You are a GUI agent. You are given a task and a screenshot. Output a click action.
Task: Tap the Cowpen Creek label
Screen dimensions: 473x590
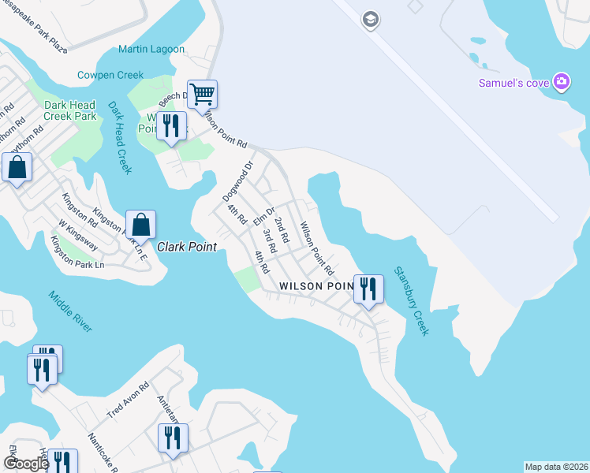pyautogui.click(x=110, y=75)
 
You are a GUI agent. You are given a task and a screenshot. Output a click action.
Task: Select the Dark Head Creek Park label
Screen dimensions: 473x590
pyautogui.click(x=70, y=110)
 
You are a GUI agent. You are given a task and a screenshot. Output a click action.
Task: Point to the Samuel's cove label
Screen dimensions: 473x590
pyautogui.click(x=514, y=83)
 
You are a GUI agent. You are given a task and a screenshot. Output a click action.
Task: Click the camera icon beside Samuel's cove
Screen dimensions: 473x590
pyautogui.click(x=562, y=81)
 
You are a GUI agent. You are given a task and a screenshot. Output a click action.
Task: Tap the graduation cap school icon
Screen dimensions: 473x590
pyautogui.click(x=371, y=19)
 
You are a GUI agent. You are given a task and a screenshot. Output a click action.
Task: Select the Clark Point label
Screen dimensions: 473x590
pyautogui.click(x=186, y=247)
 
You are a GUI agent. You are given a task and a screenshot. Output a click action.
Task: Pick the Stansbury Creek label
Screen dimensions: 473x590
pyautogui.click(x=412, y=301)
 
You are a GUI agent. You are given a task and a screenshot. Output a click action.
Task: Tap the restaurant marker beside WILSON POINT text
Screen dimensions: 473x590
pyautogui.click(x=368, y=289)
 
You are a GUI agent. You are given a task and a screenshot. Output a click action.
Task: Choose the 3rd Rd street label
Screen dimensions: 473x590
pyautogui.click(x=270, y=240)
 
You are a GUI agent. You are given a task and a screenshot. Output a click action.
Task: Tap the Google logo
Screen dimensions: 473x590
pyautogui.click(x=26, y=464)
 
